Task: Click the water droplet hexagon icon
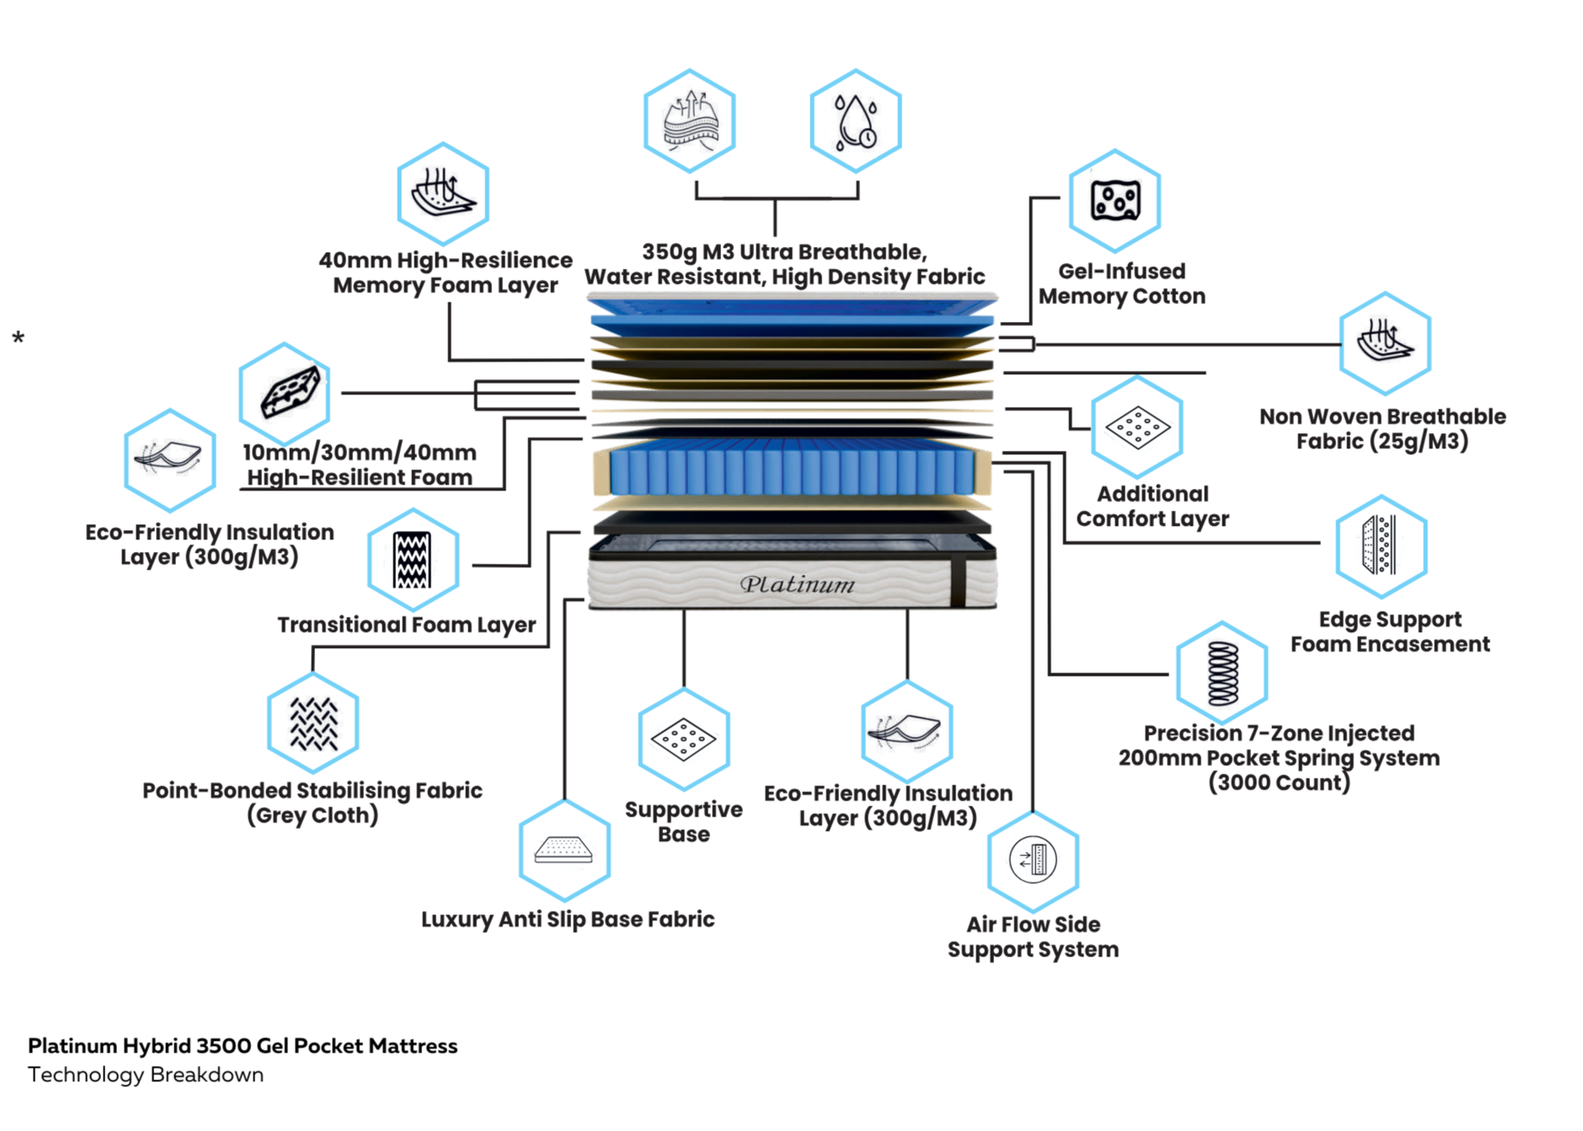(855, 121)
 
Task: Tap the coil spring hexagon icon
(1222, 673)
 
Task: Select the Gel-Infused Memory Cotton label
(1121, 284)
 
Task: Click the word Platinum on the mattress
(797, 584)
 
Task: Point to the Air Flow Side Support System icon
(1032, 860)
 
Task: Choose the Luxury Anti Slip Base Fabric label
(567, 919)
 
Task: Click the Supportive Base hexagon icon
(683, 739)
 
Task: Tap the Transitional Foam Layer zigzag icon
(413, 560)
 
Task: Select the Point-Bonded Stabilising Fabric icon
(313, 723)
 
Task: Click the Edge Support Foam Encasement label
(1390, 632)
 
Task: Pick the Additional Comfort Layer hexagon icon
(1137, 427)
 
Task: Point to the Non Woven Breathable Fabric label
(1382, 429)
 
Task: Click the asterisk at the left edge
(19, 339)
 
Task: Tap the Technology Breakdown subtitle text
(146, 1075)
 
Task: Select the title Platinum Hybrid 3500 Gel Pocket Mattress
(243, 1046)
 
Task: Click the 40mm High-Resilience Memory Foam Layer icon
(442, 194)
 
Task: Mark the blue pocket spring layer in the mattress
(792, 470)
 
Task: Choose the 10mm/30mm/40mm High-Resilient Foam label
(360, 465)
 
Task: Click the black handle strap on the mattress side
(958, 582)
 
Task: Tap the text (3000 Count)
(1279, 783)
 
